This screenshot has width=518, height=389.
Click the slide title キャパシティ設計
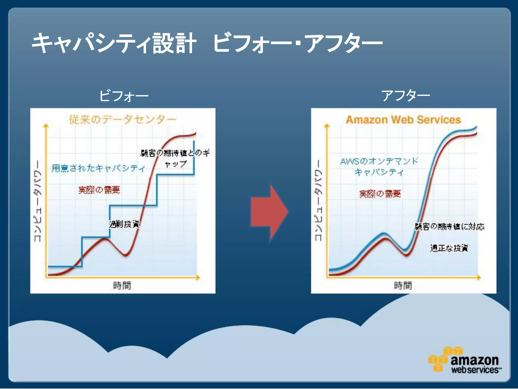coord(114,43)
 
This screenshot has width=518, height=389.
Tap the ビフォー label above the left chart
coord(124,96)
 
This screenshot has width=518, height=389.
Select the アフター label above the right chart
coord(405,96)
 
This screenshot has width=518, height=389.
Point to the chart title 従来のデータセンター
coord(122,119)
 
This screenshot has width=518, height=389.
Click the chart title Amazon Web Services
coord(403,120)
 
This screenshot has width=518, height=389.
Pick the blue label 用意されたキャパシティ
coord(98,168)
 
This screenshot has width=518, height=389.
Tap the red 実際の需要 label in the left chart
coord(99,190)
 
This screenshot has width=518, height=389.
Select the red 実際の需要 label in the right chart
coord(380,194)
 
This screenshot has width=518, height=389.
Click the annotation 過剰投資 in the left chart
coord(124,224)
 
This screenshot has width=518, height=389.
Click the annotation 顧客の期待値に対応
coord(449,226)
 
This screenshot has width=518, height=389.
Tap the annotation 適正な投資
coord(449,248)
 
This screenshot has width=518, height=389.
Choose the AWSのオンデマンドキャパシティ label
coord(379,167)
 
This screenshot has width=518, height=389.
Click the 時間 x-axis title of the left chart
coord(122,286)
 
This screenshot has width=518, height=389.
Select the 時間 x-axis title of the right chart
coord(403,286)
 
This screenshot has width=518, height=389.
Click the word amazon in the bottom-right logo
coord(474,360)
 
